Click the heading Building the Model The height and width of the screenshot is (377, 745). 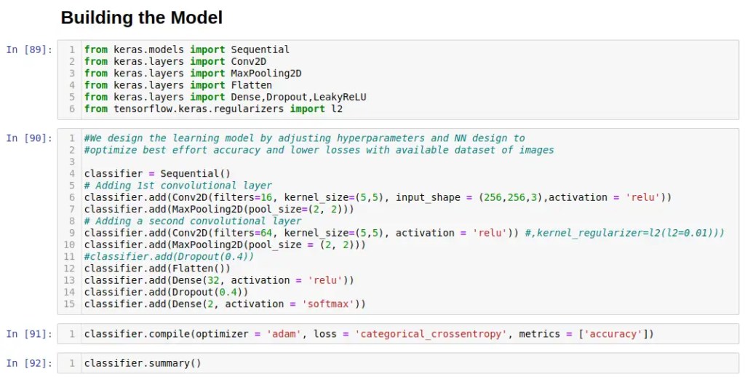click(141, 17)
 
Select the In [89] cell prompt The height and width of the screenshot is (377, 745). click(29, 49)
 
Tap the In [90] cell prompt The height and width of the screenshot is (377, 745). click(29, 138)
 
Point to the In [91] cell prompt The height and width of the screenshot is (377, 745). click(29, 334)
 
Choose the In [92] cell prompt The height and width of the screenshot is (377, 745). click(29, 363)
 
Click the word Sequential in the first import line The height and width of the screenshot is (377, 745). click(260, 49)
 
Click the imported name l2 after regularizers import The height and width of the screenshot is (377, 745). click(336, 108)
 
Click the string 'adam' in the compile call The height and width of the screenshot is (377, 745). click(283, 334)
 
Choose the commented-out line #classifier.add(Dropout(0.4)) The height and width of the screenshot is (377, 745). click(169, 256)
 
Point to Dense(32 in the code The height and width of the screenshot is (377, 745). click(189, 280)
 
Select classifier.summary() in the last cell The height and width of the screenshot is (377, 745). click(142, 363)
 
